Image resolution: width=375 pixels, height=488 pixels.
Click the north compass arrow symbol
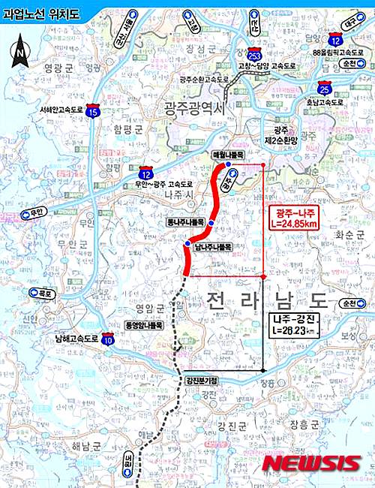tap(19, 50)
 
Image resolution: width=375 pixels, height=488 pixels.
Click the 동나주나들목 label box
tap(186, 223)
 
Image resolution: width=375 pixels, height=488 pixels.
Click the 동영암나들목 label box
tap(145, 327)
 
